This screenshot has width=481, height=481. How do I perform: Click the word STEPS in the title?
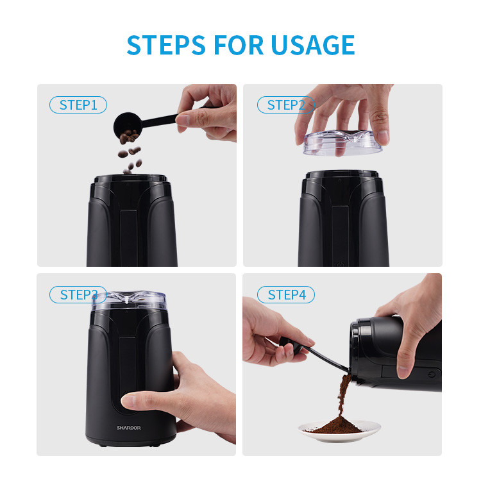166,45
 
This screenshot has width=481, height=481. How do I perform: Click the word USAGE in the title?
313,45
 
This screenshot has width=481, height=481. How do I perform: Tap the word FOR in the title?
239,45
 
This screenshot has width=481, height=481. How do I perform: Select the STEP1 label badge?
78,105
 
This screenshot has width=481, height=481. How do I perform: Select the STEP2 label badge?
286,105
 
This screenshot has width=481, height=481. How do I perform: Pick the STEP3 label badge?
78,295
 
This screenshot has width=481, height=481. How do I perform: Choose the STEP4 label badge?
286,295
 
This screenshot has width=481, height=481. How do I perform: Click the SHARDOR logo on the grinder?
129,428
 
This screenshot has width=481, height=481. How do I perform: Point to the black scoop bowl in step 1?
127,125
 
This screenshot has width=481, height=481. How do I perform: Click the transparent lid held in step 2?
342,142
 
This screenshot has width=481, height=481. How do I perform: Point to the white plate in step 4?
339,431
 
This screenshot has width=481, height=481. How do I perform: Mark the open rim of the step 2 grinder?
342,174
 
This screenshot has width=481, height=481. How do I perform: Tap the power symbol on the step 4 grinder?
432,375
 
